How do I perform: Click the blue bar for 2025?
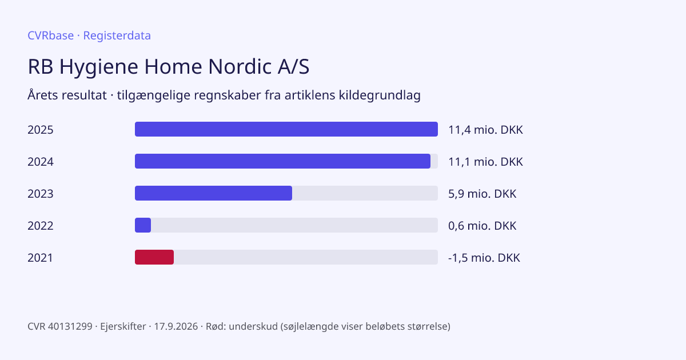[x=286, y=129]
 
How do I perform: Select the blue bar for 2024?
[x=282, y=161]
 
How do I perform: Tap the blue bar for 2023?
[x=213, y=193]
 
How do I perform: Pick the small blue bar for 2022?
[x=143, y=225]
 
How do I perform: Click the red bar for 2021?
[x=154, y=257]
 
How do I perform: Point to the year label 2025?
[x=41, y=130]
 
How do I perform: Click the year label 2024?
[x=41, y=162]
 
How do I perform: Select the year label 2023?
[x=41, y=194]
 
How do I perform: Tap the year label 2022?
[x=41, y=226]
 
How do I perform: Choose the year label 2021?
[x=40, y=258]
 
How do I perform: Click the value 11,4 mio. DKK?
[x=485, y=130]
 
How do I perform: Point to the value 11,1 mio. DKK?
[x=485, y=162]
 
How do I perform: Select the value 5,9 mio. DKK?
[x=482, y=194]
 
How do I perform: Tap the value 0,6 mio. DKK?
[x=482, y=226]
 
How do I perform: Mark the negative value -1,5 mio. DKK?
[x=484, y=258]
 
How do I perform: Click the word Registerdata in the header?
[x=117, y=35]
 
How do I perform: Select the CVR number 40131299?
[x=70, y=326]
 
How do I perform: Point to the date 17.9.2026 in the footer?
[x=176, y=326]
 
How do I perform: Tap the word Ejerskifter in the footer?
[x=123, y=326]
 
